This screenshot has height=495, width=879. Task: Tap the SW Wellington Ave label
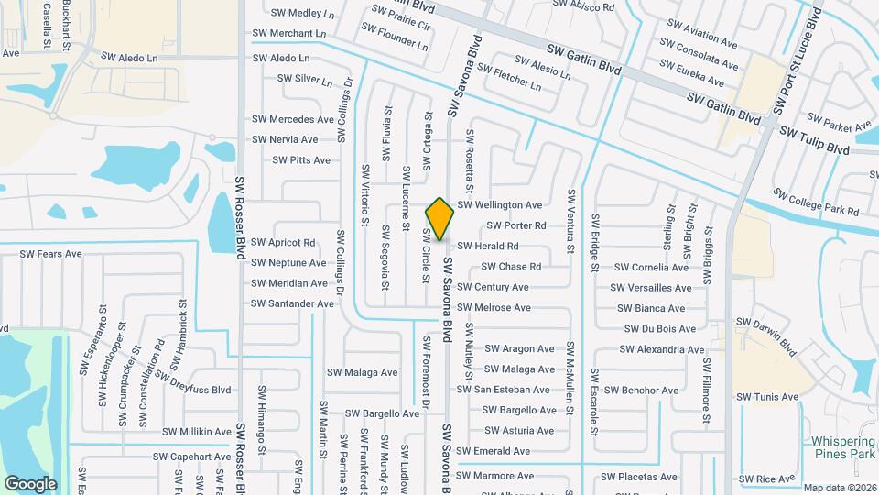[500, 205]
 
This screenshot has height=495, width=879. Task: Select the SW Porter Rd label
[516, 225]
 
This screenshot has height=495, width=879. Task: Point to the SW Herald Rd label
[488, 247]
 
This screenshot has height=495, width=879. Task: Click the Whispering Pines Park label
[843, 447]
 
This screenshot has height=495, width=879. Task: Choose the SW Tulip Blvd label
[814, 140]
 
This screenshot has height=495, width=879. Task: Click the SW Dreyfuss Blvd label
[192, 381]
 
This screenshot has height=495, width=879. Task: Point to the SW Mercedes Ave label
[293, 119]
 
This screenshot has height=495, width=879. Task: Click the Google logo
[30, 483]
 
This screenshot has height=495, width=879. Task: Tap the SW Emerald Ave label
[494, 451]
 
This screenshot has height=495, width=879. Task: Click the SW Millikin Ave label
[197, 432]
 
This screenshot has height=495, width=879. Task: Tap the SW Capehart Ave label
[191, 456]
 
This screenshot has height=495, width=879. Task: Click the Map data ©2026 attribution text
[840, 488]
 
